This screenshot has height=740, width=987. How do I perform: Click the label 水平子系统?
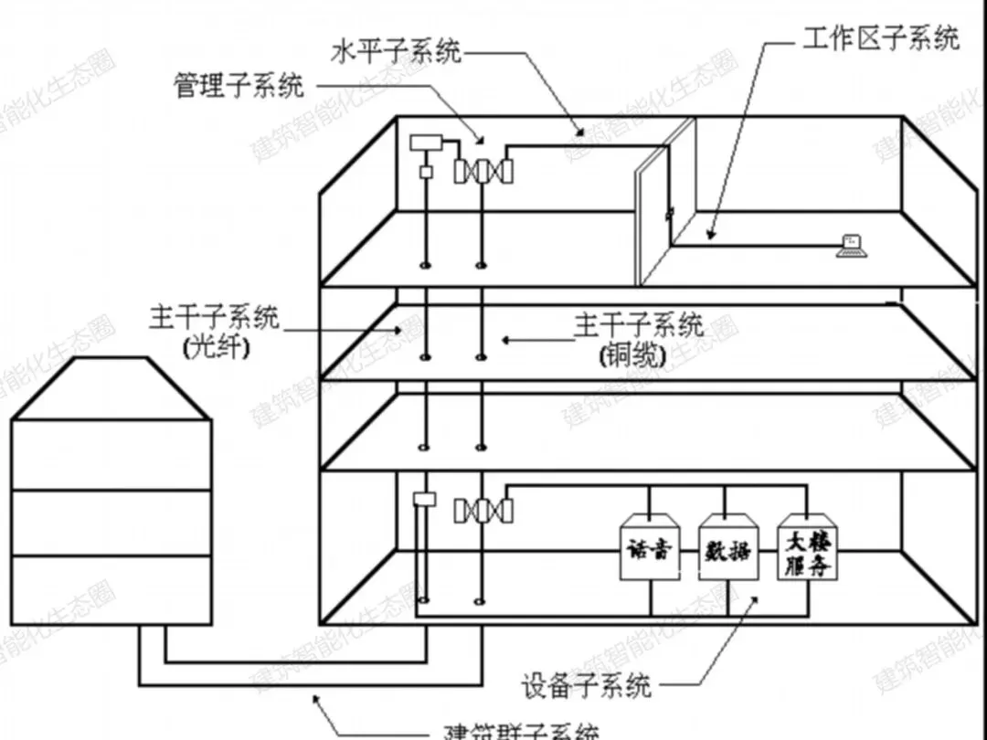[396, 52]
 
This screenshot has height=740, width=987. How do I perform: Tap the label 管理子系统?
[239, 86]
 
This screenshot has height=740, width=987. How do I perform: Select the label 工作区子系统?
[881, 39]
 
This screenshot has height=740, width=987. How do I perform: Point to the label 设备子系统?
[587, 684]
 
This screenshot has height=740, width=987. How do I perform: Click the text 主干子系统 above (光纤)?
[215, 319]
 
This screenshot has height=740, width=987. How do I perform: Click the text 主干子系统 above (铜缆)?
[639, 324]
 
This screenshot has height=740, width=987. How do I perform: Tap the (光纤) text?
[215, 347]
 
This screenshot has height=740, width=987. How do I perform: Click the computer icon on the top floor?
[851, 245]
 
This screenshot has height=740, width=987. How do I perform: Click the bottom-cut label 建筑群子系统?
[521, 731]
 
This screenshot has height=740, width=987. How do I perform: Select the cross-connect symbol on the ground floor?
[483, 510]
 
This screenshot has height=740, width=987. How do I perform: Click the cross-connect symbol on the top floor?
[483, 170]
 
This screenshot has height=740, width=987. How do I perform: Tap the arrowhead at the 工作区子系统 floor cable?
[709, 236]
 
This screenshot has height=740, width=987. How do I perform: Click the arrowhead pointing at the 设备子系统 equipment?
[755, 598]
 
